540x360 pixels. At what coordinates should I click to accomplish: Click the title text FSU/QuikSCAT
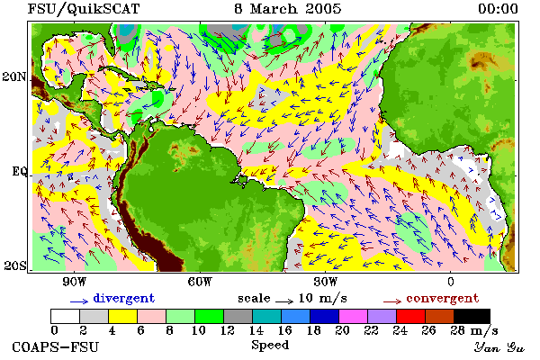(x=84, y=9)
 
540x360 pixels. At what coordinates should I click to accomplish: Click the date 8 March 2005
(x=288, y=9)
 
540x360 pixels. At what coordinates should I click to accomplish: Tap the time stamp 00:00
(x=498, y=9)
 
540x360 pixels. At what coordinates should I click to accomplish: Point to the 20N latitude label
(x=14, y=76)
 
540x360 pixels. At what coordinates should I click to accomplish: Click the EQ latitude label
(x=19, y=171)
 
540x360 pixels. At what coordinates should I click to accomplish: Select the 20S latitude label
(x=15, y=265)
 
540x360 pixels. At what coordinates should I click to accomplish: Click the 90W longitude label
(x=74, y=282)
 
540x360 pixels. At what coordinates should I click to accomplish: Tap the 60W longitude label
(x=200, y=282)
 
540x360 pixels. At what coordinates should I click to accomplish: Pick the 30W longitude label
(x=326, y=282)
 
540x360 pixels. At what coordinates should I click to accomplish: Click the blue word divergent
(x=124, y=298)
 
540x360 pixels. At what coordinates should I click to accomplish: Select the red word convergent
(x=443, y=298)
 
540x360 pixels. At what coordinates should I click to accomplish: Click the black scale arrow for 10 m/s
(x=284, y=301)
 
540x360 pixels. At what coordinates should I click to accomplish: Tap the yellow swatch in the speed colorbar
(x=122, y=316)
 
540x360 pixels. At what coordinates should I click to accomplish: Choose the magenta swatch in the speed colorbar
(x=353, y=316)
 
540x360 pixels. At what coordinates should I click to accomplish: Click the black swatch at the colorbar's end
(x=472, y=316)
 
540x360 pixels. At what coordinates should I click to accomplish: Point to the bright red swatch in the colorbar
(x=410, y=316)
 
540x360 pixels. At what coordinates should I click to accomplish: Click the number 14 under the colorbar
(x=256, y=330)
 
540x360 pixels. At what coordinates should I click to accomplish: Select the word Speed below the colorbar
(x=270, y=346)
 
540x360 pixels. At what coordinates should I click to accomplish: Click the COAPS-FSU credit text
(x=56, y=346)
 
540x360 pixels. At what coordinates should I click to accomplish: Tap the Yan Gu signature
(x=499, y=347)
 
